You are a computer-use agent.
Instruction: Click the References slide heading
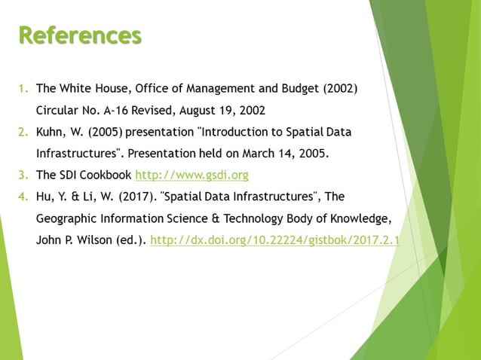[80, 35]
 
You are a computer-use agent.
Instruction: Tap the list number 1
[23, 90]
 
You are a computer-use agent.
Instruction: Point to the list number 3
[23, 176]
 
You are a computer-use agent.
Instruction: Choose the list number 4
[23, 197]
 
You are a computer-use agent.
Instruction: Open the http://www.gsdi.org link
[191, 176]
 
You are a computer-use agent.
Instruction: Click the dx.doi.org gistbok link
[276, 241]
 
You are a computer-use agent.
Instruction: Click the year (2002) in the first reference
[340, 90]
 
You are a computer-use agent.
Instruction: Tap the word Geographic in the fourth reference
[66, 219]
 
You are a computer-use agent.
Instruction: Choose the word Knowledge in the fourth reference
[357, 219]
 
